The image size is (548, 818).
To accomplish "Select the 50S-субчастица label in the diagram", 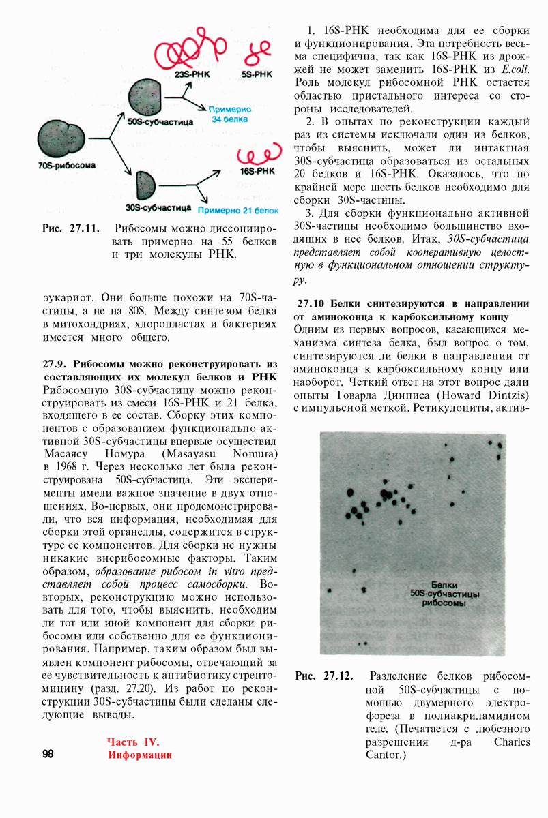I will pyautogui.click(x=160, y=121).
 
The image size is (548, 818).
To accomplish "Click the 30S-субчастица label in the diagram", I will pyautogui.click(x=158, y=205).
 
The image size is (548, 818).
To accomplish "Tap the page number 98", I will pyautogui.click(x=48, y=753).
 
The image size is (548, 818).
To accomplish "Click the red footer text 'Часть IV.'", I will pyautogui.click(x=132, y=742).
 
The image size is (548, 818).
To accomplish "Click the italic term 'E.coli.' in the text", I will pyautogui.click(x=515, y=70).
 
